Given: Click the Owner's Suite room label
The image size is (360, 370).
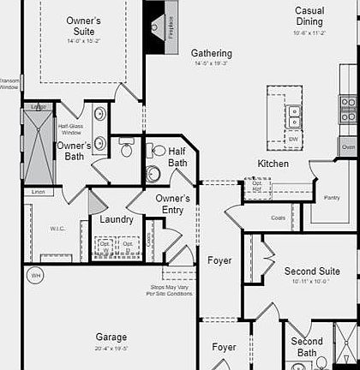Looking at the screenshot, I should click(x=83, y=26).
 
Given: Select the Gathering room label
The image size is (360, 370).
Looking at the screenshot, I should click(x=212, y=53).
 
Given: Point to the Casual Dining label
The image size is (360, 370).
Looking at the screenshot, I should click(x=309, y=15).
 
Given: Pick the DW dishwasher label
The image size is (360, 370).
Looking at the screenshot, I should click(x=293, y=139).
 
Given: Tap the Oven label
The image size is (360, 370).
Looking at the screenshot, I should click(x=348, y=147).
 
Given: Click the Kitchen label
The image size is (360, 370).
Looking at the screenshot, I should click(x=273, y=164).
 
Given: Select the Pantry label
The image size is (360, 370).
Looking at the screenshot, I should click(x=332, y=198).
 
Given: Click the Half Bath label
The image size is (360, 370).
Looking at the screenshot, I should click(x=177, y=157).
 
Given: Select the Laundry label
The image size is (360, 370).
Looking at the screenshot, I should click(x=116, y=219).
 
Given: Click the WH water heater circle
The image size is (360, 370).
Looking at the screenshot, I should click(x=36, y=276).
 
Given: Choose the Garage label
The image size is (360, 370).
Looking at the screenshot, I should click(x=111, y=337).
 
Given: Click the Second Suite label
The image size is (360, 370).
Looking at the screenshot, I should click(x=312, y=272).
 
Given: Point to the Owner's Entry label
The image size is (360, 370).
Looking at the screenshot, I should click(x=172, y=204).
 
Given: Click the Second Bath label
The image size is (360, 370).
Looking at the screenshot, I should click(x=307, y=347).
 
